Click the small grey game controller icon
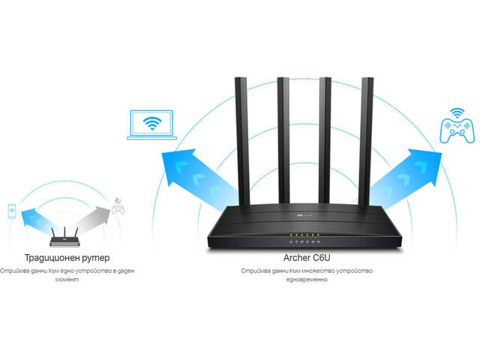[118, 205]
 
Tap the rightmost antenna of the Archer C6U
[367, 139]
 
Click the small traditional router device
[65, 238]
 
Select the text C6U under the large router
[319, 259]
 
